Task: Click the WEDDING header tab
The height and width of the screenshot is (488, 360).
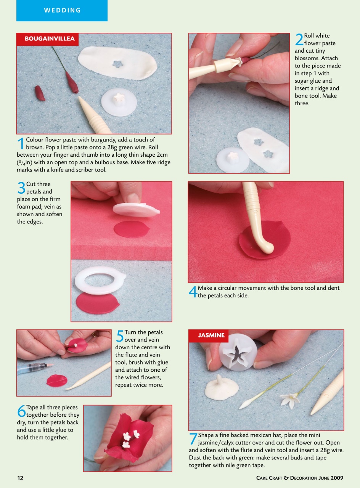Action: (x=62, y=10)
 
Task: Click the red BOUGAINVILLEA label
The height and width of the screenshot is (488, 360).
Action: (x=50, y=39)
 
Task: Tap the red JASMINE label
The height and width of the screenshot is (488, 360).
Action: (x=211, y=335)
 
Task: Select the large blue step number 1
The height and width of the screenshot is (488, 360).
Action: (x=21, y=144)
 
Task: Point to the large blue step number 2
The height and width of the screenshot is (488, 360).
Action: (x=299, y=39)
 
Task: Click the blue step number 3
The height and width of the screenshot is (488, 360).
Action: (x=21, y=188)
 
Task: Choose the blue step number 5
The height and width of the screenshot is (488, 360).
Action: (x=120, y=336)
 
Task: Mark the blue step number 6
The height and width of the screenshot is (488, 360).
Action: (x=21, y=411)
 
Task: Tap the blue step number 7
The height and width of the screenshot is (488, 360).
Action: (x=193, y=439)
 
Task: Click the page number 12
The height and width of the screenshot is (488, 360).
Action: (x=20, y=478)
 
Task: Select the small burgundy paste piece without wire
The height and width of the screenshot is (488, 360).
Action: (x=40, y=93)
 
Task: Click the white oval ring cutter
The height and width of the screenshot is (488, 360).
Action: (x=97, y=280)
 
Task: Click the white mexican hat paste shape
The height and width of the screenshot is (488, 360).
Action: (x=221, y=388)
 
